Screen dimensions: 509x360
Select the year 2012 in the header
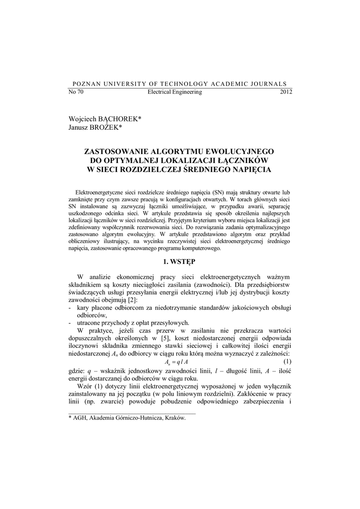tap(286, 92)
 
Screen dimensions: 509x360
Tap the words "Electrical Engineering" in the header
tap(175, 92)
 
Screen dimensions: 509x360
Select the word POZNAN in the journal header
tap(85, 84)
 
